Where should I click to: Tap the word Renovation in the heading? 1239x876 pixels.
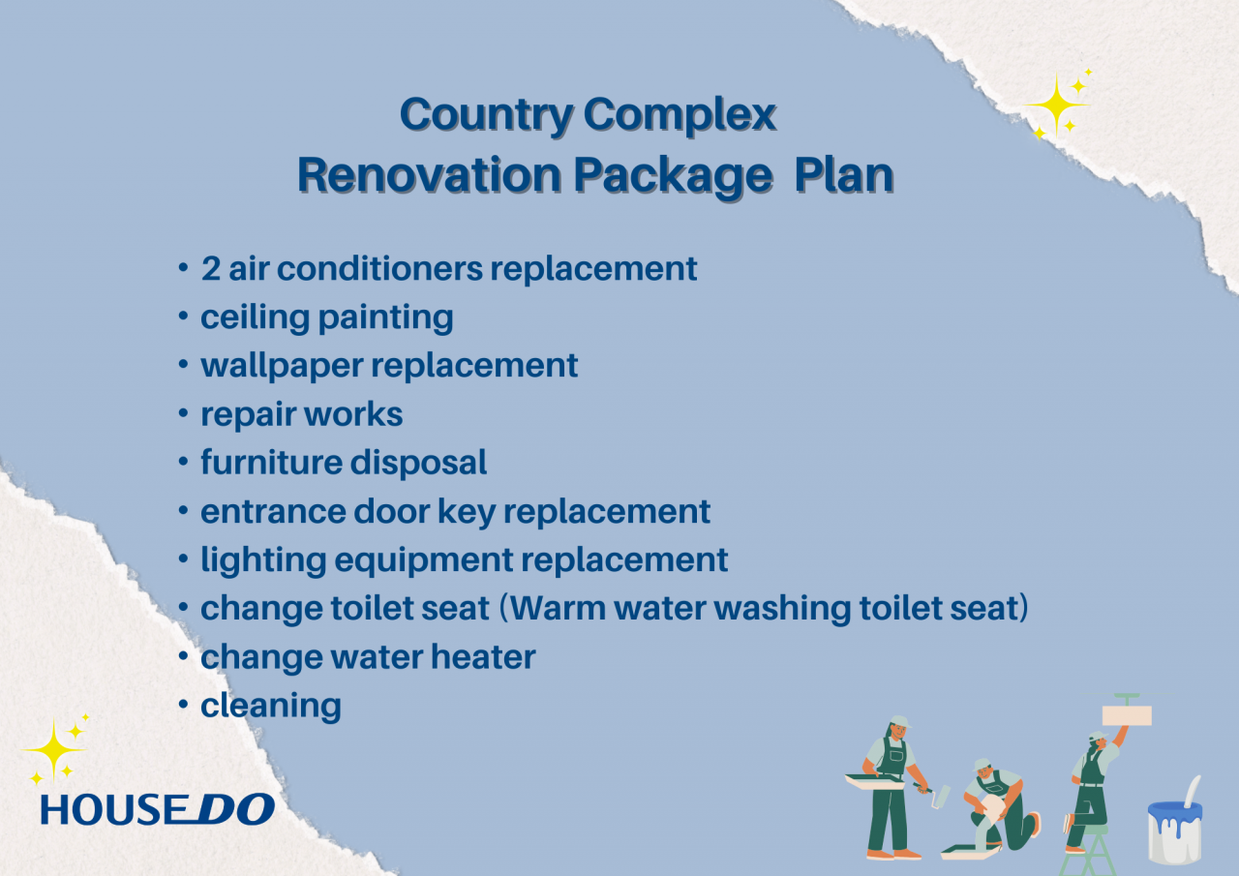click(429, 175)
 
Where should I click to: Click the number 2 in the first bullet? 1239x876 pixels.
click(211, 269)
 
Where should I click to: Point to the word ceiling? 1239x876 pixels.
click(255, 317)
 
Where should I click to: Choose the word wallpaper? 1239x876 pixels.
click(282, 367)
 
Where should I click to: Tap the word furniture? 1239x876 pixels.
click(272, 463)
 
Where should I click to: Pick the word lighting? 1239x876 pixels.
click(263, 560)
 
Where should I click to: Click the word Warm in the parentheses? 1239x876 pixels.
click(558, 608)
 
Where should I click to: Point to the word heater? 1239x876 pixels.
click(483, 657)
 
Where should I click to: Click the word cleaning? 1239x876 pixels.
click(271, 707)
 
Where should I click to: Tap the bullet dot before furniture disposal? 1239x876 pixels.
click(184, 462)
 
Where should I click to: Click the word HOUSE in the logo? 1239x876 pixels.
click(114, 810)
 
